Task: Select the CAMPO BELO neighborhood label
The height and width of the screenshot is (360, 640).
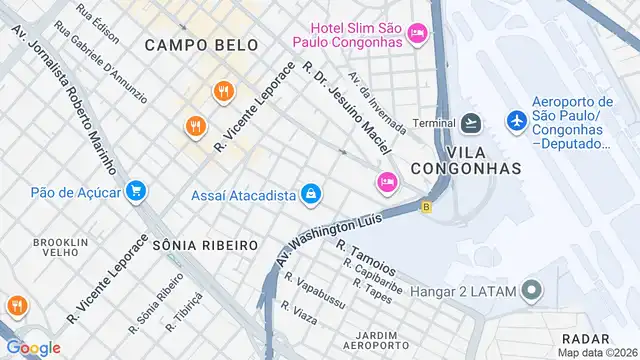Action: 201,45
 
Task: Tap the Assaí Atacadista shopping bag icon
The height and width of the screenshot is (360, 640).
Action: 311,193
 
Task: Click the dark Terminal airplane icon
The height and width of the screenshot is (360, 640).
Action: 471,123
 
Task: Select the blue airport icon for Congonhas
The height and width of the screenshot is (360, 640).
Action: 516,121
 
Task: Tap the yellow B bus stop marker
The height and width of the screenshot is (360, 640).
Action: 427,208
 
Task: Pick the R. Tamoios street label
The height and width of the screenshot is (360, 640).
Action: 366,258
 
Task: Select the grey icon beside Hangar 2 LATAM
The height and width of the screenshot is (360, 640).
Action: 532,292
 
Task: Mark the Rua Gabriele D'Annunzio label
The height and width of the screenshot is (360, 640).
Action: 101,59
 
